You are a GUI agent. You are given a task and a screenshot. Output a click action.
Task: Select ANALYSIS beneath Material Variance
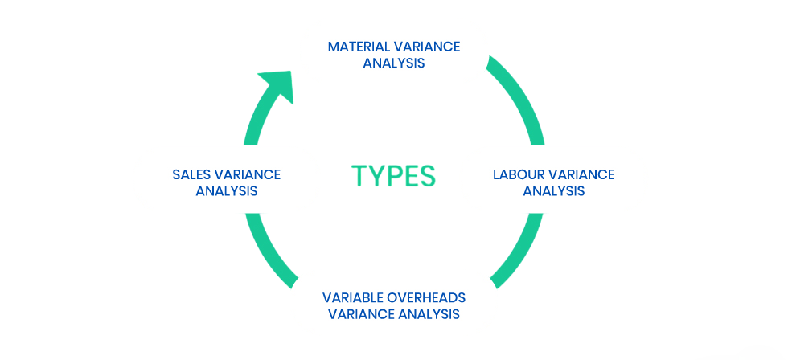pyautogui.click(x=394, y=63)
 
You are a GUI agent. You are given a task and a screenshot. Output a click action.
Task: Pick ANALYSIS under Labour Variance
pyautogui.click(x=554, y=191)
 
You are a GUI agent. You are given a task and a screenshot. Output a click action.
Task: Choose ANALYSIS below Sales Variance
pyautogui.click(x=227, y=191)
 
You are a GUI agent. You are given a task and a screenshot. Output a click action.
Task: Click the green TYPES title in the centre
pyautogui.click(x=394, y=175)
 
